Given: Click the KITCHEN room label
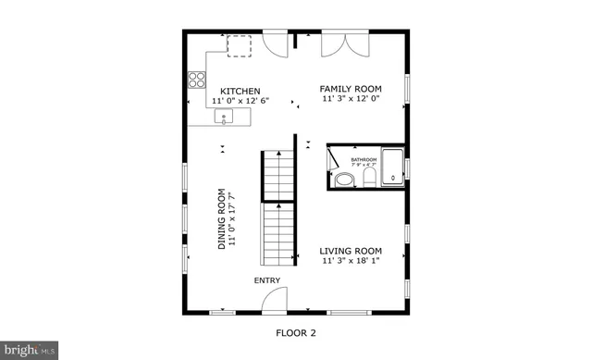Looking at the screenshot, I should pos(233,91).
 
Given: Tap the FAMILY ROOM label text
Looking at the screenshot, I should pos(351,88).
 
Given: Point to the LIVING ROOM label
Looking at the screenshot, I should pos(351,251).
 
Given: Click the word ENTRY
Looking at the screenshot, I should pos(268,281).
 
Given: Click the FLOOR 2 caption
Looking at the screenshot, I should pos(295,332).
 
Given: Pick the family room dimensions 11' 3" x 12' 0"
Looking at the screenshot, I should pos(351,98).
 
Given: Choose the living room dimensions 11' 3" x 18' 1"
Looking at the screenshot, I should pos(351,261).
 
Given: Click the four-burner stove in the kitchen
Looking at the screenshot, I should pos(197,79).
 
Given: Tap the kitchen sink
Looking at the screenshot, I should pos(224,117).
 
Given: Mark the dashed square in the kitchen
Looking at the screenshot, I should pos(240,46).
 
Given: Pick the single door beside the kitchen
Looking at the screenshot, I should pos(275,43).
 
